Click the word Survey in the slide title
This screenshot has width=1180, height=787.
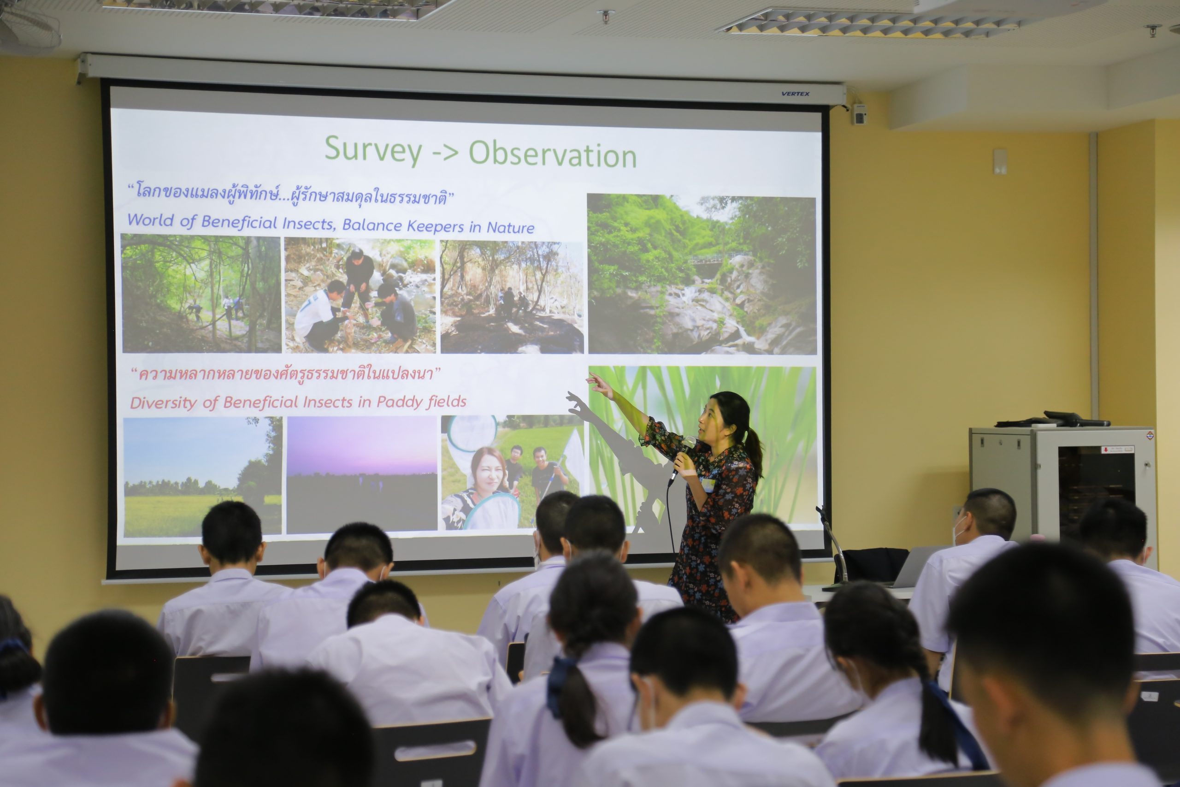pyautogui.click(x=373, y=149)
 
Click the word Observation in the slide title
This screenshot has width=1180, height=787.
pyautogui.click(x=553, y=154)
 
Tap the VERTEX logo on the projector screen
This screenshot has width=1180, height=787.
pyautogui.click(x=795, y=93)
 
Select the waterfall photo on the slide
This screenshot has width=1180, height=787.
pyautogui.click(x=702, y=274)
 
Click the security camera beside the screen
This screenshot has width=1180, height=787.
pyautogui.click(x=859, y=114)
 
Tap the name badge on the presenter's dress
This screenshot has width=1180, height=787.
pyautogui.click(x=708, y=485)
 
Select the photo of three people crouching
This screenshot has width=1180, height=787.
pyautogui.click(x=360, y=295)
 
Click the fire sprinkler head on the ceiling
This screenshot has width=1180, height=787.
pyautogui.click(x=606, y=16)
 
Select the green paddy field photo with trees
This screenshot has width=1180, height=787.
pyautogui.click(x=202, y=476)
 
